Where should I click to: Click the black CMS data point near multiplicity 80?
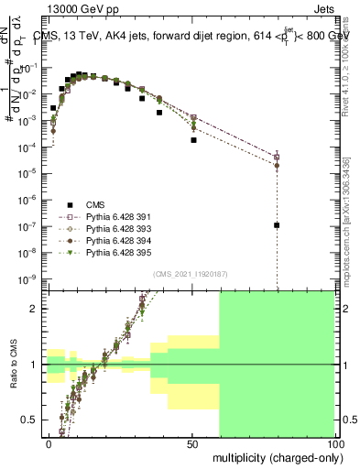pyautogui.click(x=277, y=225)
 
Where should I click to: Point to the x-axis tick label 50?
pyautogui.click(x=191, y=442)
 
